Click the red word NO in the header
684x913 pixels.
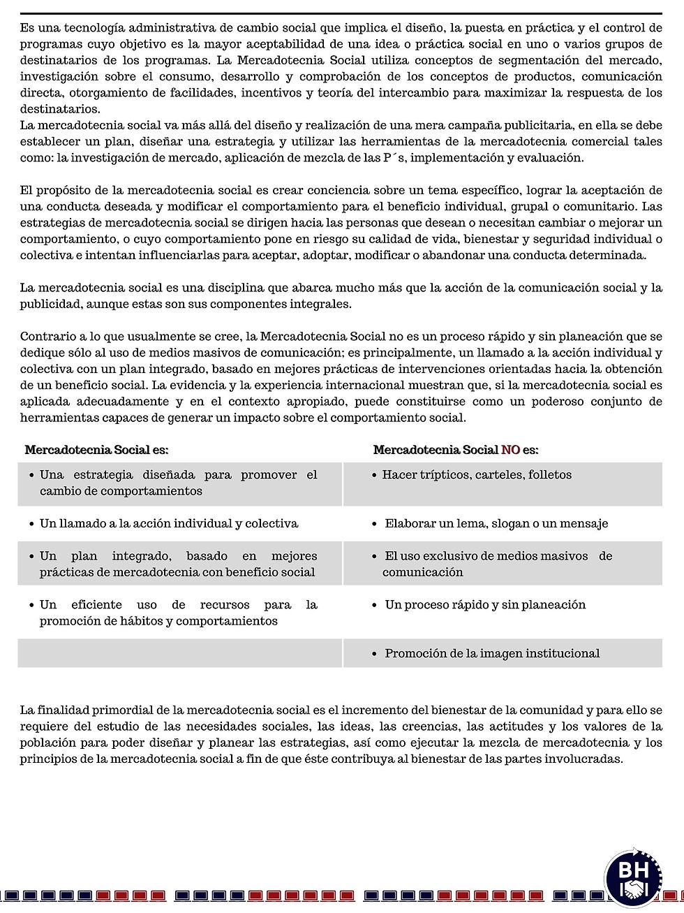pos(510,450)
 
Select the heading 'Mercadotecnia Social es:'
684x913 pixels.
pos(96,450)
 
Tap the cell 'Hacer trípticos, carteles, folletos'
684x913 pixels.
pos(477,475)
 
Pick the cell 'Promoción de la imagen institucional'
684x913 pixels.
pos(492,654)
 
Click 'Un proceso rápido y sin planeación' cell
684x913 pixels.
pos(485,605)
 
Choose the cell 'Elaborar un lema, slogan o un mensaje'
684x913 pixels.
pos(496,524)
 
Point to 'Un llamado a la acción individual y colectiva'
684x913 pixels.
pos(169,524)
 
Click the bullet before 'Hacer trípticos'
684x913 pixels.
pos(376,475)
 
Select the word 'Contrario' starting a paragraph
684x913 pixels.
pos(45,337)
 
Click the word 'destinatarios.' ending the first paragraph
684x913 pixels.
pos(60,109)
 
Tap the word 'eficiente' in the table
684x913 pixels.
pos(96,605)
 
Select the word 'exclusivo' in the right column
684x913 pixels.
pos(451,557)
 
